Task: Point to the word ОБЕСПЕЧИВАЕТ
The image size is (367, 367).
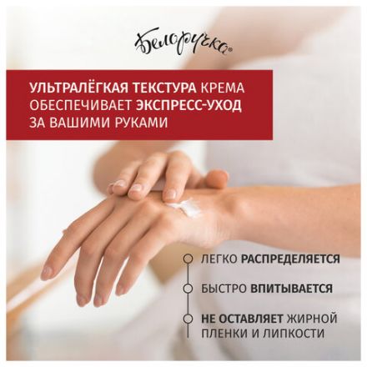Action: [x=80, y=105]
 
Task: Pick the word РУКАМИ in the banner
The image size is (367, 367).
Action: [x=143, y=123]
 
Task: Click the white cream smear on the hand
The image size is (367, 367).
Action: [x=184, y=207]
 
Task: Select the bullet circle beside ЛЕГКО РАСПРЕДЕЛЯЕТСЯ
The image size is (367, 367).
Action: [x=189, y=259]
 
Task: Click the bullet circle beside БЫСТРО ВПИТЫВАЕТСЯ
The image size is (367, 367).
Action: [x=189, y=289]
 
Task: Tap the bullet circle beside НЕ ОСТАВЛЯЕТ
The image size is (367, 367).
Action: [x=189, y=319]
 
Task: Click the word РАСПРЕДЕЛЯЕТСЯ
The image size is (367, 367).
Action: [x=290, y=259]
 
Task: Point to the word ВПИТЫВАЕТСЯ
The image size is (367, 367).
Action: [x=292, y=289]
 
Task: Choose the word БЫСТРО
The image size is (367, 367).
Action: [x=224, y=289]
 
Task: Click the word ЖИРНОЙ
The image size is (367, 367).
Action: [x=312, y=319]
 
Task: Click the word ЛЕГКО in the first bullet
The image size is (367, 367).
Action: [x=219, y=259]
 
